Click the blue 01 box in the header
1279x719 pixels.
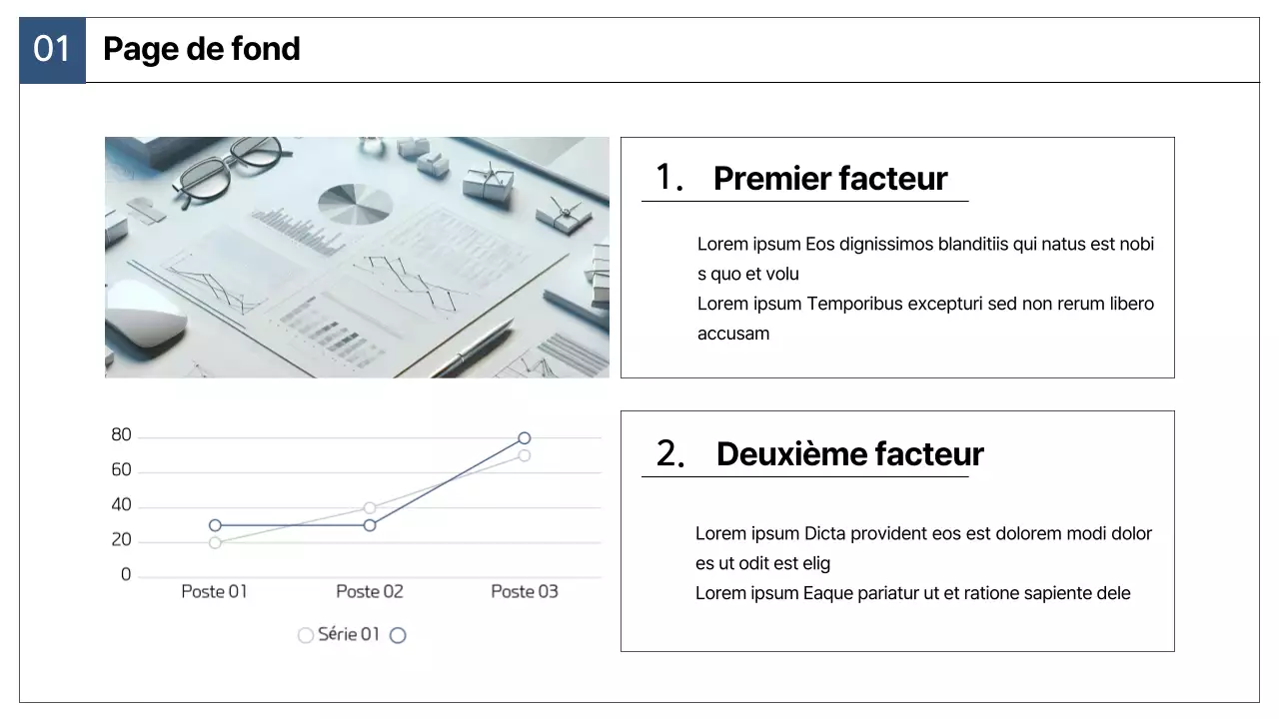pyautogui.click(x=53, y=50)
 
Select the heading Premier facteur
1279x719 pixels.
pyautogui.click(x=830, y=178)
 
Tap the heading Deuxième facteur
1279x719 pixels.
pyautogui.click(x=849, y=453)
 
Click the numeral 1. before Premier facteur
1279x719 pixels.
pyautogui.click(x=669, y=177)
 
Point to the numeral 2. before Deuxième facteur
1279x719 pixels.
pyautogui.click(x=670, y=453)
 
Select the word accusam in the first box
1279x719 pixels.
pyautogui.click(x=733, y=334)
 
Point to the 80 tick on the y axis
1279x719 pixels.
pyautogui.click(x=121, y=434)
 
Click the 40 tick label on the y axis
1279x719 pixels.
pyautogui.click(x=121, y=505)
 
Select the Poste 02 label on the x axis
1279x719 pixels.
pyautogui.click(x=370, y=592)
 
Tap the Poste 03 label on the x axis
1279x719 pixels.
pyautogui.click(x=525, y=592)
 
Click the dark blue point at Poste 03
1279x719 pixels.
pyautogui.click(x=525, y=438)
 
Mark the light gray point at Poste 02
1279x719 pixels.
pyautogui.click(x=370, y=508)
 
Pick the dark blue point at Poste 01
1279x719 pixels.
pyautogui.click(x=215, y=525)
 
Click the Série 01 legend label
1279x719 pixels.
pyautogui.click(x=349, y=634)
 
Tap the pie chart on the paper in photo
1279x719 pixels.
pyautogui.click(x=355, y=204)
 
